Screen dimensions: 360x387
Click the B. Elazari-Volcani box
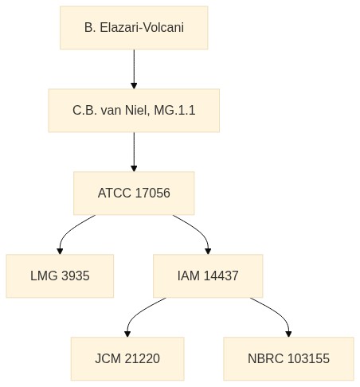[134, 28]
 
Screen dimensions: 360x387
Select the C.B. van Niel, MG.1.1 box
[134, 111]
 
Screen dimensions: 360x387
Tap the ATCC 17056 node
[134, 193]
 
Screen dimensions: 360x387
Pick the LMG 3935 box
[60, 276]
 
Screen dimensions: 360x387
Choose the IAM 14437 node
[208, 276]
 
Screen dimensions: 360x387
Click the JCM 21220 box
[127, 358]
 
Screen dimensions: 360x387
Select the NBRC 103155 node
[288, 358]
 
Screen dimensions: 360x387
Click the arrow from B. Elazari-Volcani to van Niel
[134, 69]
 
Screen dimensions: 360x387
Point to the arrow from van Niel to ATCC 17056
[134, 152]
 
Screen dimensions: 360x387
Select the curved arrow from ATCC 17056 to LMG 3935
[68, 230]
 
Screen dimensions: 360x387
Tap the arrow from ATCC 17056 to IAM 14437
[198, 230]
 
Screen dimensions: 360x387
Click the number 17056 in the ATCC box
[152, 193]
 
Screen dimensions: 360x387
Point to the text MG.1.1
[174, 111]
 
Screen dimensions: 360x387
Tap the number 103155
[308, 358]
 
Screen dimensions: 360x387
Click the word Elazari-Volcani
[142, 28]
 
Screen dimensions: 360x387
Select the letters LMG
[44, 276]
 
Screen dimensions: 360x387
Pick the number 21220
[143, 358]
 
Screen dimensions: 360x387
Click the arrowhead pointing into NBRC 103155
[288, 334]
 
